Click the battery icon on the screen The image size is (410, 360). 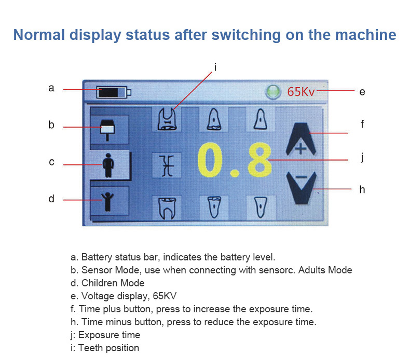[114, 93]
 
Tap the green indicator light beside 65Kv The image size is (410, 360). [272, 92]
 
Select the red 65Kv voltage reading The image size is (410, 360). [301, 92]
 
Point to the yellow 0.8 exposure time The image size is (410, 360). [235, 160]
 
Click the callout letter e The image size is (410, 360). [362, 92]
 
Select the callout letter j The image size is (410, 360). [362, 157]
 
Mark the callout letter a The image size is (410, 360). [51, 88]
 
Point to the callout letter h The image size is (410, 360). [362, 189]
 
